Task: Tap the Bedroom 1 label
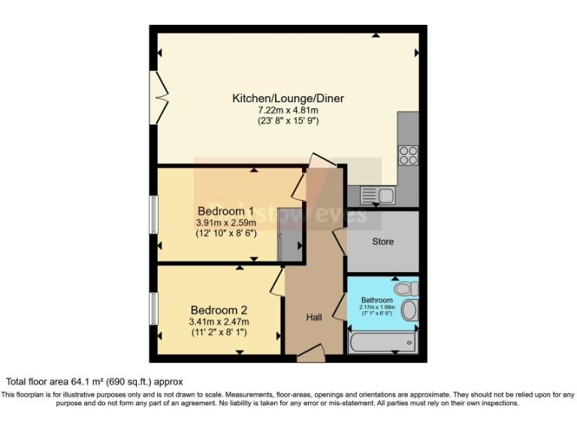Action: (225, 210)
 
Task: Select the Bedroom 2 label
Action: (219, 310)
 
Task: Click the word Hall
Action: (314, 317)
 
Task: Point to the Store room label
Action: (382, 241)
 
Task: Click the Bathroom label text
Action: (376, 300)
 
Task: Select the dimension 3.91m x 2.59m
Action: (226, 223)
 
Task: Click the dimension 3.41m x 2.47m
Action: (219, 321)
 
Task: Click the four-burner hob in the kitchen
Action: (408, 155)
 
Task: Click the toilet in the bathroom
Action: (405, 289)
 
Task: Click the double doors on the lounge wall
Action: (159, 97)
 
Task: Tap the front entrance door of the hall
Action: (310, 353)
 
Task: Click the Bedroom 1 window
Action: (153, 214)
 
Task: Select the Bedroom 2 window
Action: (153, 309)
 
